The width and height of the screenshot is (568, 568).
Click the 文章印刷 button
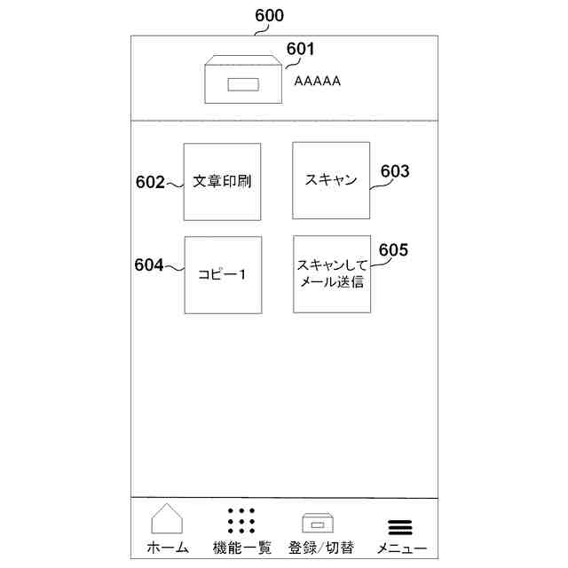point(222,181)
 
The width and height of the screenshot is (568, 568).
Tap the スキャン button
point(331,180)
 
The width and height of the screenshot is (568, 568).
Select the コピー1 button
point(222,274)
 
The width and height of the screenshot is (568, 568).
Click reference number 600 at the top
point(270,16)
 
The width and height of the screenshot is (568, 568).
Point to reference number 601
point(300,50)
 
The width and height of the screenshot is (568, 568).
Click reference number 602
point(150,183)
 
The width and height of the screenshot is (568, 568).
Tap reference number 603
point(395,171)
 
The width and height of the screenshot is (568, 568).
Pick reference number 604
point(149,264)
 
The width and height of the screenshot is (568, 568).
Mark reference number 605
point(393,249)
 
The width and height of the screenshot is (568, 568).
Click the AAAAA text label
point(318,81)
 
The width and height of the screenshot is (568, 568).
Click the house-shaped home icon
point(167,519)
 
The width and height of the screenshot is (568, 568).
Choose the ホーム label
point(168,548)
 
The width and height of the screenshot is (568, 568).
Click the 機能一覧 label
point(241,548)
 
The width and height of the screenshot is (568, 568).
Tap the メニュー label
point(401,548)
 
